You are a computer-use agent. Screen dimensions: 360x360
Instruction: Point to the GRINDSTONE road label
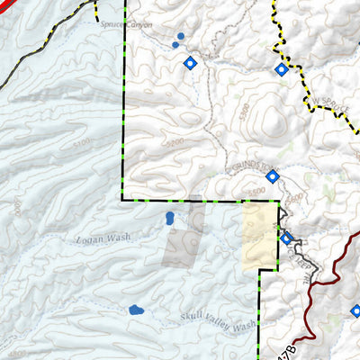[251, 166]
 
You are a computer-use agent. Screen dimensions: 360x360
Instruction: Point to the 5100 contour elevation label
[84, 143]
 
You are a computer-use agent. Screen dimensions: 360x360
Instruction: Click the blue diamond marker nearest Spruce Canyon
[190, 63]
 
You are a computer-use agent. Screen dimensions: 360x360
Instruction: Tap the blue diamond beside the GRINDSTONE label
[272, 176]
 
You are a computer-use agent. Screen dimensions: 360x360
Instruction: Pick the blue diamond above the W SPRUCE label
[282, 69]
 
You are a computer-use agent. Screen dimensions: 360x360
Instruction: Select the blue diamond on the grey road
[287, 238]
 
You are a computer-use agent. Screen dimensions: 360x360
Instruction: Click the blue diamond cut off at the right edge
[355, 311]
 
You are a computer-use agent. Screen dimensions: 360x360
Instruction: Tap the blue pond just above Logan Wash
[169, 218]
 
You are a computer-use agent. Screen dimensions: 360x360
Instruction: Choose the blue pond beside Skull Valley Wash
[137, 310]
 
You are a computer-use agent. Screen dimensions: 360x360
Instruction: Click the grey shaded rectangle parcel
[181, 246]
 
